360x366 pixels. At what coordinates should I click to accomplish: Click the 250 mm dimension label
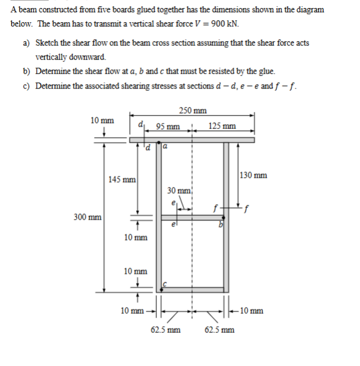pos(193,111)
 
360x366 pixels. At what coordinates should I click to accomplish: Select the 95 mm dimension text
pos(168,127)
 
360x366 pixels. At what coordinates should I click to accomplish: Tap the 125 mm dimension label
pos(222,127)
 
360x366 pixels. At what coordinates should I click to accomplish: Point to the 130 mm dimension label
pos(253,175)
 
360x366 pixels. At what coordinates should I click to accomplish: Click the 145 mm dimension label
pos(122,180)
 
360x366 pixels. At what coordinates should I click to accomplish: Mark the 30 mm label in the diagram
pos(180,190)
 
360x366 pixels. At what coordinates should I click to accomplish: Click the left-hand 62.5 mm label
pos(165,330)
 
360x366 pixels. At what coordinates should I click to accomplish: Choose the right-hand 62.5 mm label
pos(218,330)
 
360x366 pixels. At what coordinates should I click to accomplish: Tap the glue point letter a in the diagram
pos(166,147)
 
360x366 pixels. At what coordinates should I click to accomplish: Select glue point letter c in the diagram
pos(165,284)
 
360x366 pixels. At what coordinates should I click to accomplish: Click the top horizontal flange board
pos(192,140)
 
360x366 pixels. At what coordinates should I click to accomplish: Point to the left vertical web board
pos(158,215)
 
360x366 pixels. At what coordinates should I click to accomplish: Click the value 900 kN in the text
pos(225,24)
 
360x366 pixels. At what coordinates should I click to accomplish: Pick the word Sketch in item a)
pos(47,43)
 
